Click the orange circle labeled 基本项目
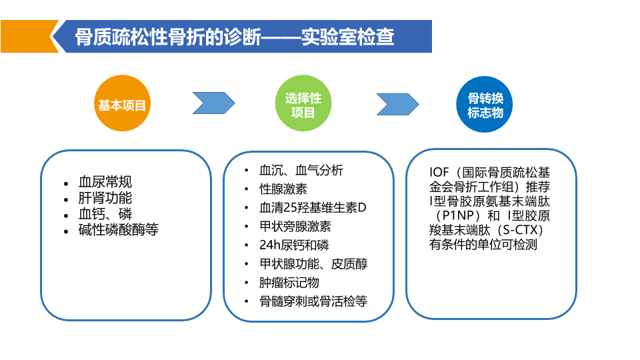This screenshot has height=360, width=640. click(x=122, y=105)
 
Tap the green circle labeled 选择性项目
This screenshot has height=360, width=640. click(x=303, y=105)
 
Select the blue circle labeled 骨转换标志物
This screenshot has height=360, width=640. click(x=485, y=105)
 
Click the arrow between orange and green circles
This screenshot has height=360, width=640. click(x=213, y=103)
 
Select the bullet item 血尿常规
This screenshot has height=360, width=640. click(x=105, y=182)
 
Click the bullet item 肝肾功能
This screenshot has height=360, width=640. click(x=105, y=198)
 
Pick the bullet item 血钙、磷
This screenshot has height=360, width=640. click(x=105, y=214)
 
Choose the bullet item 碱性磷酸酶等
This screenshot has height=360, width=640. click(x=119, y=231)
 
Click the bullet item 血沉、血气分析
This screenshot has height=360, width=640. click(x=301, y=171)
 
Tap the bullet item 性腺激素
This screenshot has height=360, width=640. click(x=283, y=189)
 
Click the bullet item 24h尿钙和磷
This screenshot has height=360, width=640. click(x=294, y=245)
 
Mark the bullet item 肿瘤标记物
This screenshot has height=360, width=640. click(x=289, y=283)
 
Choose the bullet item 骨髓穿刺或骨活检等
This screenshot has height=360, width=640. click(x=313, y=301)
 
